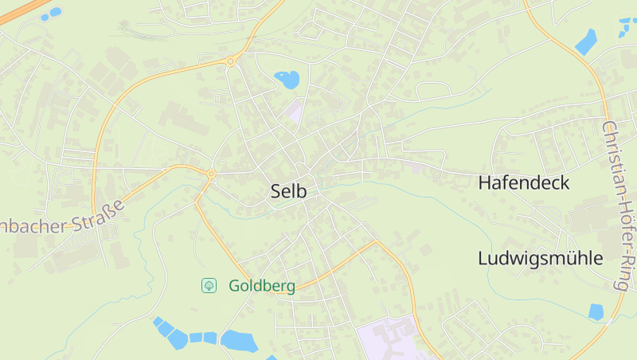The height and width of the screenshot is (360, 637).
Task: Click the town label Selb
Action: [289, 192]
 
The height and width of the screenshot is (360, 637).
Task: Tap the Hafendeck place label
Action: [524, 183]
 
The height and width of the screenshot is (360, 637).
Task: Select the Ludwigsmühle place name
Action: [540, 259]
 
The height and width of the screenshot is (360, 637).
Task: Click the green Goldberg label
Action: [262, 286]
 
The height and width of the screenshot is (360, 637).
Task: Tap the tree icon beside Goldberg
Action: [209, 285]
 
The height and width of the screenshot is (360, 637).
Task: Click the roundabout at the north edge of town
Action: [231, 61]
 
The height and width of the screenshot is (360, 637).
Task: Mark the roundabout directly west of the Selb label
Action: [211, 174]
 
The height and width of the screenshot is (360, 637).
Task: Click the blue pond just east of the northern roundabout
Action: [287, 79]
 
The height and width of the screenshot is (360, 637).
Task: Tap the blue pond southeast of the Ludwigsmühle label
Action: [596, 311]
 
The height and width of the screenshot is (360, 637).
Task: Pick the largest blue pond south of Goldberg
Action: [239, 341]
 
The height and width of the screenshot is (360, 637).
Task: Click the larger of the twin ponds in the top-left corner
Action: [55, 12]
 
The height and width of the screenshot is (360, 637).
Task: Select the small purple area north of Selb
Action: [295, 112]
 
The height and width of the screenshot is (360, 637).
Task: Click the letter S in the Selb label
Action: [276, 192]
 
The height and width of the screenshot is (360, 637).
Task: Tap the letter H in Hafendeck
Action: [484, 183]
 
